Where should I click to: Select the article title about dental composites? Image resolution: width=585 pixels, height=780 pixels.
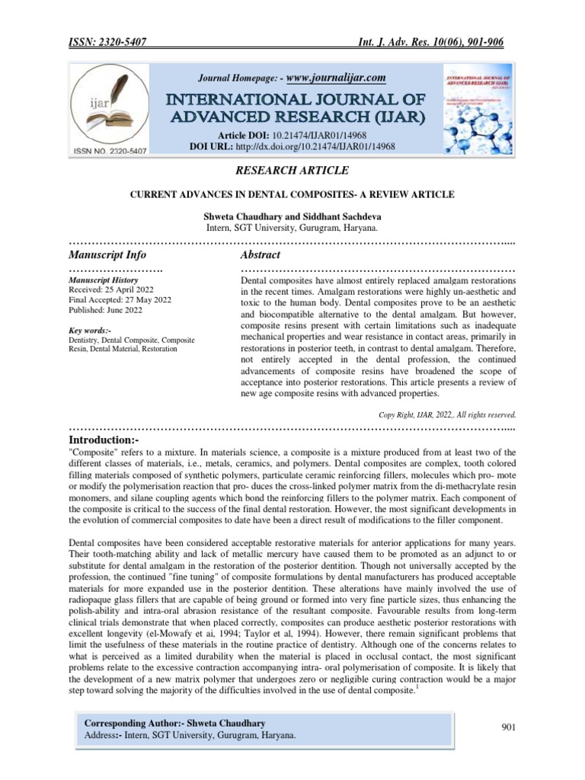[x=292, y=195]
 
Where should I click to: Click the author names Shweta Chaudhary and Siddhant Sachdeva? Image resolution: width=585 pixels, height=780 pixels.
[x=292, y=216]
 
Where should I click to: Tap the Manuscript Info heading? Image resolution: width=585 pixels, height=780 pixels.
[x=107, y=254]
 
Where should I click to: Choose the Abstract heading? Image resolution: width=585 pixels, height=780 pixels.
[x=261, y=254]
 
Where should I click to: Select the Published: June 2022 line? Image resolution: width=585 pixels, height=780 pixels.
[x=107, y=311]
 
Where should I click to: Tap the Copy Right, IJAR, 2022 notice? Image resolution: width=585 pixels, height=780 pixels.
[x=448, y=415]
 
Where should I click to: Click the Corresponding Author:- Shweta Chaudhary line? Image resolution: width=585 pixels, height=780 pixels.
[x=175, y=721]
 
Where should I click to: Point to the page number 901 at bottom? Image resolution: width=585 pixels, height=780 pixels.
[x=509, y=727]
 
